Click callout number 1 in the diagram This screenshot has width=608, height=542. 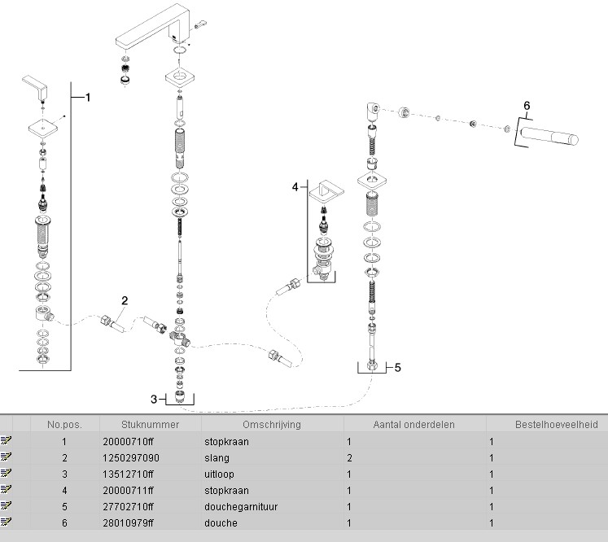tap(88, 97)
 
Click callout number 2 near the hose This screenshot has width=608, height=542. tap(125, 300)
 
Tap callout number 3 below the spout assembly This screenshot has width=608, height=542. tap(153, 399)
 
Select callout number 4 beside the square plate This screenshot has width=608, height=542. tap(295, 186)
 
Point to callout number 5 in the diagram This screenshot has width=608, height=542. tap(397, 367)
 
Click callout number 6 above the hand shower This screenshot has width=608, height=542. tap(526, 106)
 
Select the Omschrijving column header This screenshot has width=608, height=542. tap(271, 424)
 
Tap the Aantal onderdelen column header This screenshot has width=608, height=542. tap(413, 424)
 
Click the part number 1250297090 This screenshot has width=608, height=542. tap(131, 458)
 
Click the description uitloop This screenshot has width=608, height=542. tap(218, 474)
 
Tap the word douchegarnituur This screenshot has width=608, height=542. tap(240, 507)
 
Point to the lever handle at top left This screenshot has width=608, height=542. tap(36, 85)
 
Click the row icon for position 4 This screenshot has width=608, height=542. tap(7, 491)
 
